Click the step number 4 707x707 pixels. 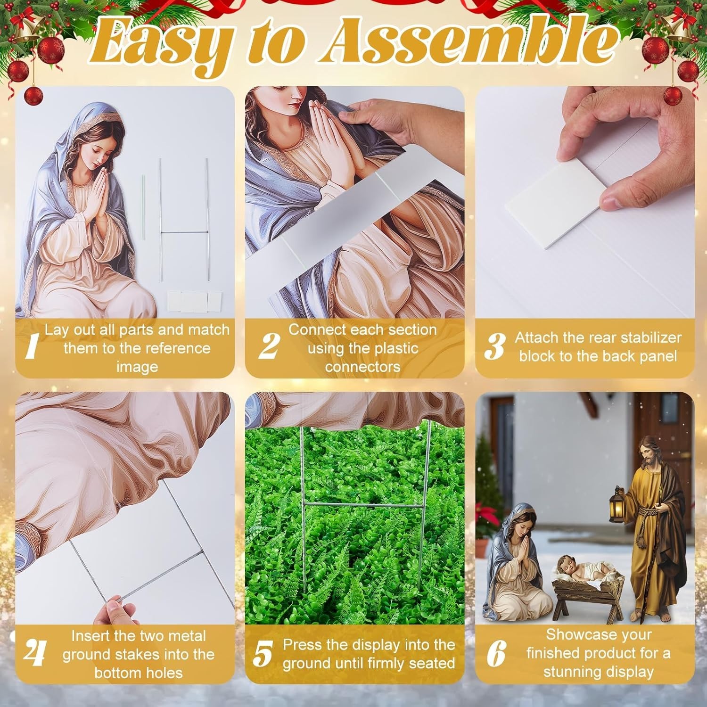click(x=34, y=653)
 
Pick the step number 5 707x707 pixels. click(x=263, y=654)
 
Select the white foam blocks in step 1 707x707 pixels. click(x=194, y=301)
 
